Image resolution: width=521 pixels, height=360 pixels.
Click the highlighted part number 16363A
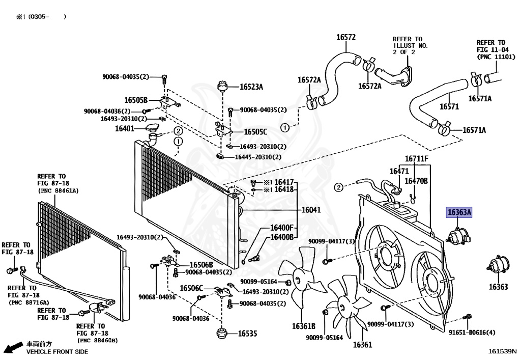459,212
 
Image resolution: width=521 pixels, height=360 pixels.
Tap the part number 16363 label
498,287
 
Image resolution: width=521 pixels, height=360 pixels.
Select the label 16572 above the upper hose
345,37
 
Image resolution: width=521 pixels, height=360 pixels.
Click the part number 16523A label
251,87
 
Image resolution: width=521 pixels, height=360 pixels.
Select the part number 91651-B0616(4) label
472,333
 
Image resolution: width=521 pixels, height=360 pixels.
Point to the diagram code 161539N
502,351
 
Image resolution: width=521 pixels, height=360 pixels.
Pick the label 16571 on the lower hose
449,106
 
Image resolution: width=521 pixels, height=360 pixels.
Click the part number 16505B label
136,100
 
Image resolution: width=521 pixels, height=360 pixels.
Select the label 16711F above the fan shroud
417,159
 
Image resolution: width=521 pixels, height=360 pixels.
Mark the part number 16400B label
281,237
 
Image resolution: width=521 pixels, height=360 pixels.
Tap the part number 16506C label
191,288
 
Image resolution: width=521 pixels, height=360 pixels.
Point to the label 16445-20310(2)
257,157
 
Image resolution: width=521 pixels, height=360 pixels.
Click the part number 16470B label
416,180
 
